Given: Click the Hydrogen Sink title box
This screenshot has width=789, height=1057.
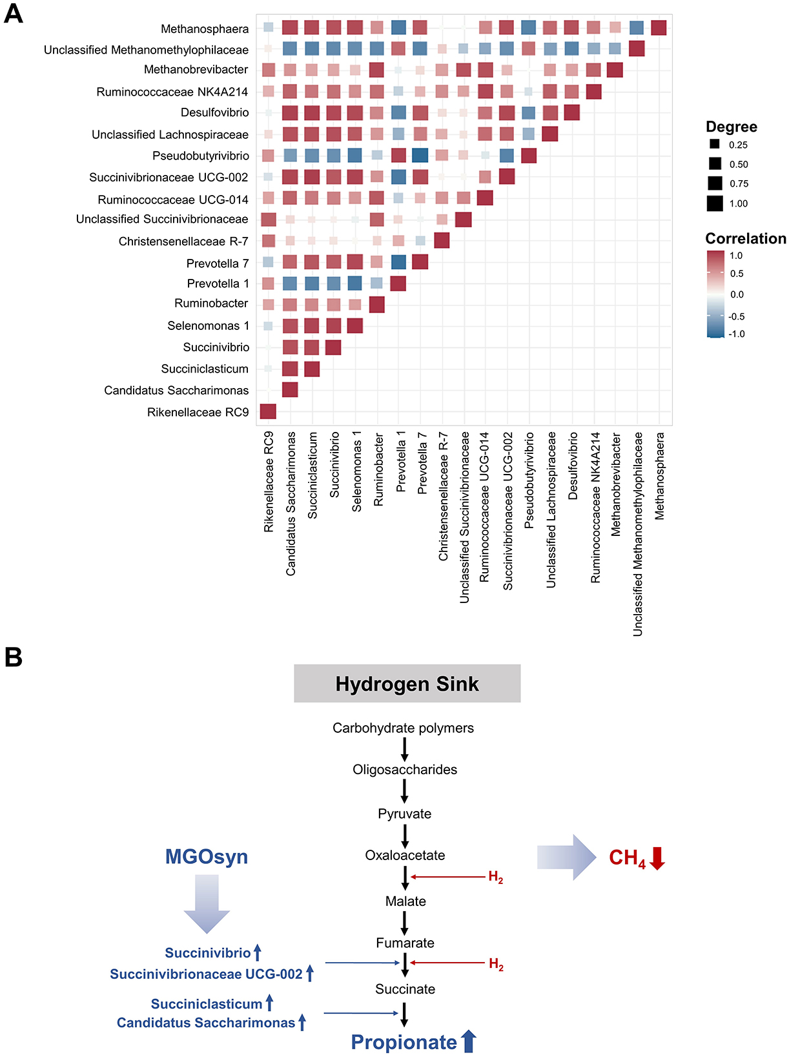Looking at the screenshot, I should click(x=407, y=684).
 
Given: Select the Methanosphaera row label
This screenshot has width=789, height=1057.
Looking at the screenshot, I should click(x=205, y=29).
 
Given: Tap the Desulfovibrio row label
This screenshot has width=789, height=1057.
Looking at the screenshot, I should click(x=214, y=112).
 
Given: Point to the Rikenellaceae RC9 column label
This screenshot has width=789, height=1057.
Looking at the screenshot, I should click(x=269, y=482).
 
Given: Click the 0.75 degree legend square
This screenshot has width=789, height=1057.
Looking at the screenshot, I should click(x=715, y=183).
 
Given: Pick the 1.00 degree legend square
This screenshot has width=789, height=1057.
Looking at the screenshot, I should click(x=715, y=203).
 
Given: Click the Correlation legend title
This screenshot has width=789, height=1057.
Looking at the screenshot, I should click(x=745, y=238).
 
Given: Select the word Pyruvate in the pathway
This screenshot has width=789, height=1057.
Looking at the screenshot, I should click(x=405, y=814).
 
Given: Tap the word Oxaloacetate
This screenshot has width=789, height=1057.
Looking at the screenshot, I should click(x=405, y=856).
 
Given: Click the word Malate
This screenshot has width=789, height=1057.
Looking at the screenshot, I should click(x=405, y=901).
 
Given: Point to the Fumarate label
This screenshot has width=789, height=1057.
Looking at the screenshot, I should click(x=405, y=943).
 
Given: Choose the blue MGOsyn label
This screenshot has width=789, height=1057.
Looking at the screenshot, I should click(x=207, y=857).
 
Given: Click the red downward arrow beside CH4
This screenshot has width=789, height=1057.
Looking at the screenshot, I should click(x=657, y=858).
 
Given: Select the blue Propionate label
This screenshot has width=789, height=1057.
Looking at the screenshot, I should click(x=404, y=1042).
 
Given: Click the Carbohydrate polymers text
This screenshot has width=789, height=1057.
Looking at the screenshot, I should click(x=403, y=728).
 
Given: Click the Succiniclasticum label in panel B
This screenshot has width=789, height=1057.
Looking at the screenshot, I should click(x=207, y=1004).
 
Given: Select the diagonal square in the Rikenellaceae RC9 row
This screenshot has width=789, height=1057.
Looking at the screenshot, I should click(x=268, y=411).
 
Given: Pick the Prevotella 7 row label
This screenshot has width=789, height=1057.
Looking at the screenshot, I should click(x=218, y=263).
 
